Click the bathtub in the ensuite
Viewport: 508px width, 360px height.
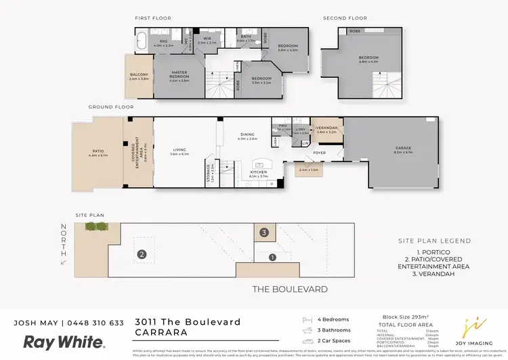click(x=142, y=41)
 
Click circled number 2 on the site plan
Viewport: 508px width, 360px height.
click(x=142, y=255)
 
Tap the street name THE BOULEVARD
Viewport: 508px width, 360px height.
click(x=290, y=289)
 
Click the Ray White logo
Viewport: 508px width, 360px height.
click(x=64, y=342)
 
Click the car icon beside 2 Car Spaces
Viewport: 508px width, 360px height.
click(x=308, y=342)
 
